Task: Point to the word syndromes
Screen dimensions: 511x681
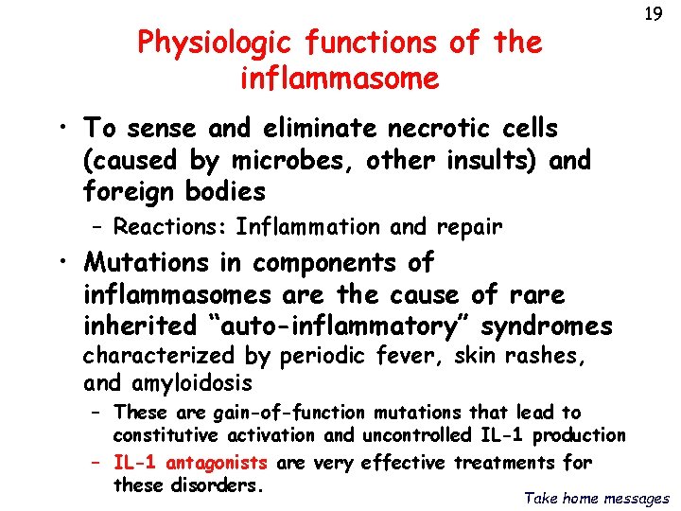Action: pyautogui.click(x=547, y=326)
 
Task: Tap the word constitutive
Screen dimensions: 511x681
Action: pyautogui.click(x=166, y=435)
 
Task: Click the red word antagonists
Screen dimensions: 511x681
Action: pyautogui.click(x=218, y=463)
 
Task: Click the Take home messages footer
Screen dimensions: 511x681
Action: pyautogui.click(x=597, y=498)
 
